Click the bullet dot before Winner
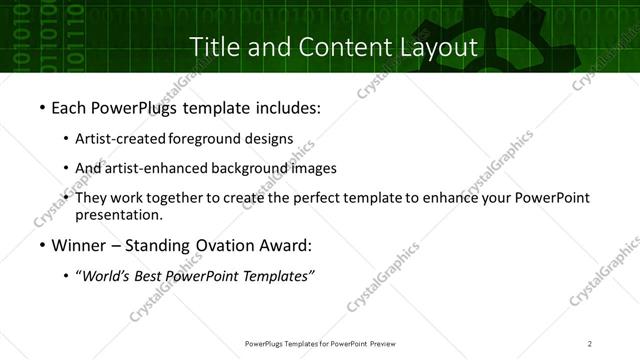coord(41,245)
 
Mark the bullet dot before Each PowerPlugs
coord(41,106)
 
